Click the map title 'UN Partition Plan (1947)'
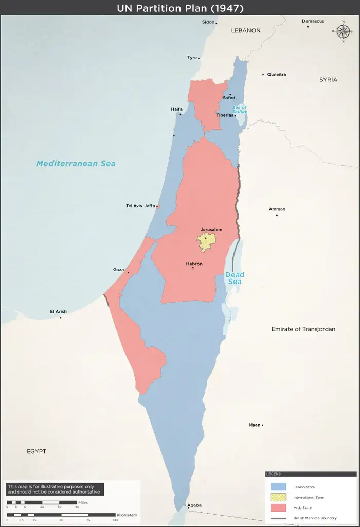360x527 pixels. (180, 8)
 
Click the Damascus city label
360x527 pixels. (313, 21)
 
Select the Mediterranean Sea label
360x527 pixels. (76, 163)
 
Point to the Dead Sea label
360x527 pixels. (234, 278)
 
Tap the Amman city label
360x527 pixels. (277, 209)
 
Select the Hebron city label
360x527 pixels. (194, 264)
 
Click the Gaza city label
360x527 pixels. (118, 270)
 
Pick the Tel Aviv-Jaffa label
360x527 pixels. (140, 206)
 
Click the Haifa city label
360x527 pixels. (176, 109)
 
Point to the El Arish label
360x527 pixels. (58, 311)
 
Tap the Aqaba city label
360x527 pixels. (194, 505)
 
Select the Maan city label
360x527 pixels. (255, 425)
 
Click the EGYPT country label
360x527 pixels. (37, 451)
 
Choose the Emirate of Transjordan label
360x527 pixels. (303, 329)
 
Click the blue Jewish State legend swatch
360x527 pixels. (278, 487)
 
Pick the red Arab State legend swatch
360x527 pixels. (278, 508)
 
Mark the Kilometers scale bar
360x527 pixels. (62, 515)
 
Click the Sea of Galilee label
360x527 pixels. (240, 109)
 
